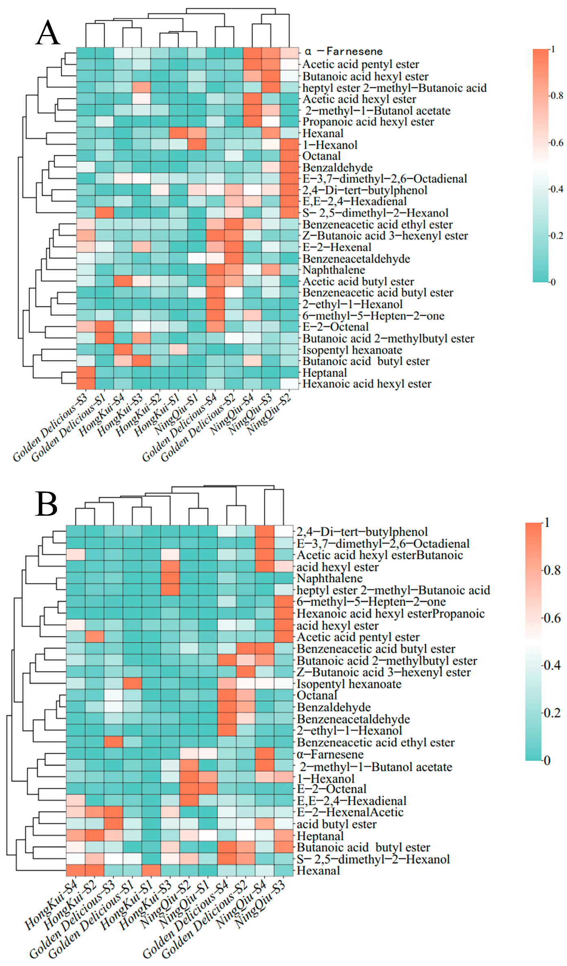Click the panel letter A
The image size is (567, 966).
point(48,33)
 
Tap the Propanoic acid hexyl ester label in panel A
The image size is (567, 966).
point(368,122)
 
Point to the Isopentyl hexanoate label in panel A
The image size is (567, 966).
point(352,350)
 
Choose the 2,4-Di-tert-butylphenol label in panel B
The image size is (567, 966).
point(362,532)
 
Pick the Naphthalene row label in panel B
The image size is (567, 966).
point(329,578)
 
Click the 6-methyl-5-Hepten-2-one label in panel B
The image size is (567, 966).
point(371,602)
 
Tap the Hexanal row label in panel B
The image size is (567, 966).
point(318,870)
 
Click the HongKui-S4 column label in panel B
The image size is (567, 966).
point(52,904)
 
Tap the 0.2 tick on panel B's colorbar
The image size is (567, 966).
point(552,713)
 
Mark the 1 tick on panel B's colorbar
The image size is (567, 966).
point(547,523)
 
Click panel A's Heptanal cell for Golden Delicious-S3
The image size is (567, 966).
point(86,373)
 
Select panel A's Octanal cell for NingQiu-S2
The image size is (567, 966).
point(289,156)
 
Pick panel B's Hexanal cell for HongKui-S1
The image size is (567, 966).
point(151,870)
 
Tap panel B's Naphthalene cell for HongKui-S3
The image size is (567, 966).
point(170,578)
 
